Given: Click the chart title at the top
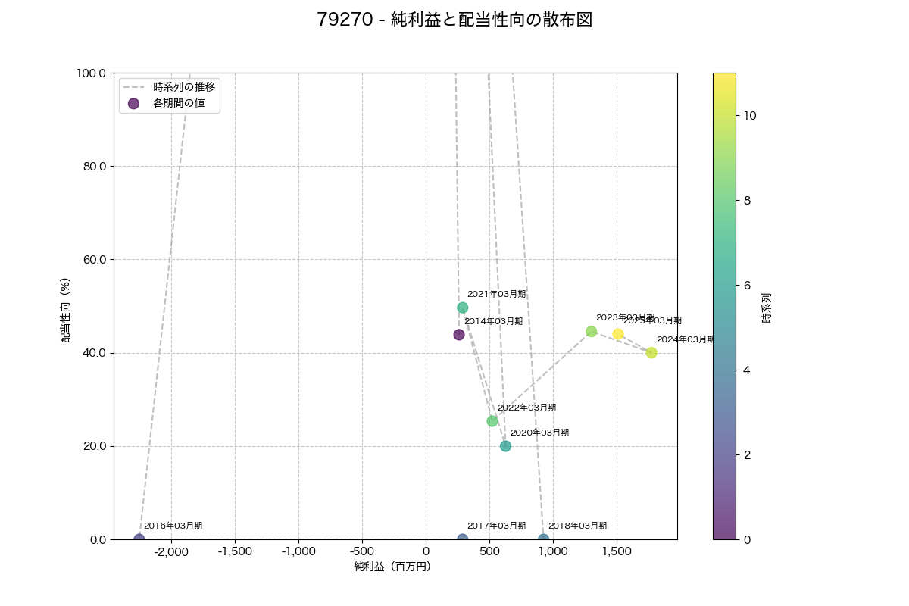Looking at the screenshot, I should (x=454, y=20).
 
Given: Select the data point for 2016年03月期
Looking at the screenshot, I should (x=139, y=539).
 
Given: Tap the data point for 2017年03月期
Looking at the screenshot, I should (x=462, y=539).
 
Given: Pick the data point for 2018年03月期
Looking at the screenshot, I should (x=543, y=539).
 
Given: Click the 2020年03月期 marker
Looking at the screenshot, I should (x=505, y=446).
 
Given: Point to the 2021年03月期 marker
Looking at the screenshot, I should (x=462, y=308).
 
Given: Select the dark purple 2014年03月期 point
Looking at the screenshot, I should (x=459, y=335).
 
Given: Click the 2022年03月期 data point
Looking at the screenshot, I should (x=492, y=421).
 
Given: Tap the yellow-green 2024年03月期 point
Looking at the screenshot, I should (x=651, y=353).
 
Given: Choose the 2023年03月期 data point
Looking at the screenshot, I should (x=592, y=332).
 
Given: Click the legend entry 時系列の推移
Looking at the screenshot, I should (x=184, y=87).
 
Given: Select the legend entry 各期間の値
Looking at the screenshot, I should (x=179, y=103).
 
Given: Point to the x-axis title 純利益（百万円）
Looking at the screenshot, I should (x=392, y=567).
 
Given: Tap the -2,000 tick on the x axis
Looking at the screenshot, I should (x=171, y=552).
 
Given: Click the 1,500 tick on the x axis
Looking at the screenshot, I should (x=617, y=552).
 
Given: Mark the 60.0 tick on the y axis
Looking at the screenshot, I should (x=92, y=260).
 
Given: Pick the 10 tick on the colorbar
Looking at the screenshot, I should (x=748, y=115).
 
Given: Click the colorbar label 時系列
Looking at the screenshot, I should (x=766, y=308).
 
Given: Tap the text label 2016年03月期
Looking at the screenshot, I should (x=173, y=526).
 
